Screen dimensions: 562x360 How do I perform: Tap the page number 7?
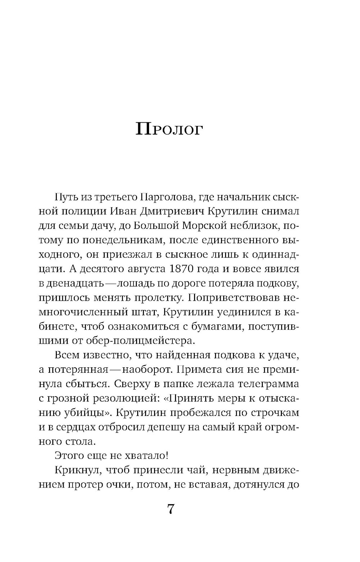(x=171, y=509)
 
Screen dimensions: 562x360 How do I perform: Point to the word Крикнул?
(x=74, y=470)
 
